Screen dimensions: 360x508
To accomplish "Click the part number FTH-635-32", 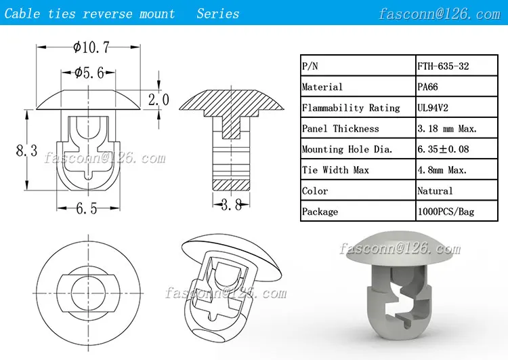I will click(443, 66).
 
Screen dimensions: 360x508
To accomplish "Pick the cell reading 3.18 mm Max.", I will click(447, 128).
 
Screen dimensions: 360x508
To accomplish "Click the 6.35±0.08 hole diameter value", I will click(446, 149).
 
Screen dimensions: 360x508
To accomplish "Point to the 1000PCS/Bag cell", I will click(446, 212).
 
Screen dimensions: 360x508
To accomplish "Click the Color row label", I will click(315, 191).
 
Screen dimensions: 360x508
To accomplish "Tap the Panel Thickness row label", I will click(341, 128).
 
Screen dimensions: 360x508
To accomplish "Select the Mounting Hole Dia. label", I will click(347, 149).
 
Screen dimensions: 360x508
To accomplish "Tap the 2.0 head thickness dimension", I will click(158, 100).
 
